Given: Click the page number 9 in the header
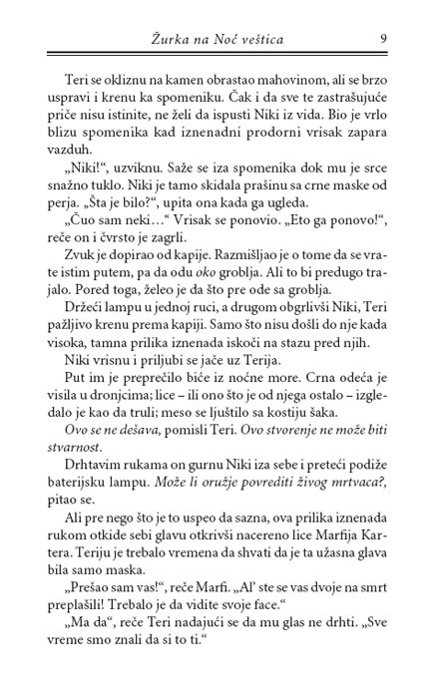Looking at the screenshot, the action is coord(383,39).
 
